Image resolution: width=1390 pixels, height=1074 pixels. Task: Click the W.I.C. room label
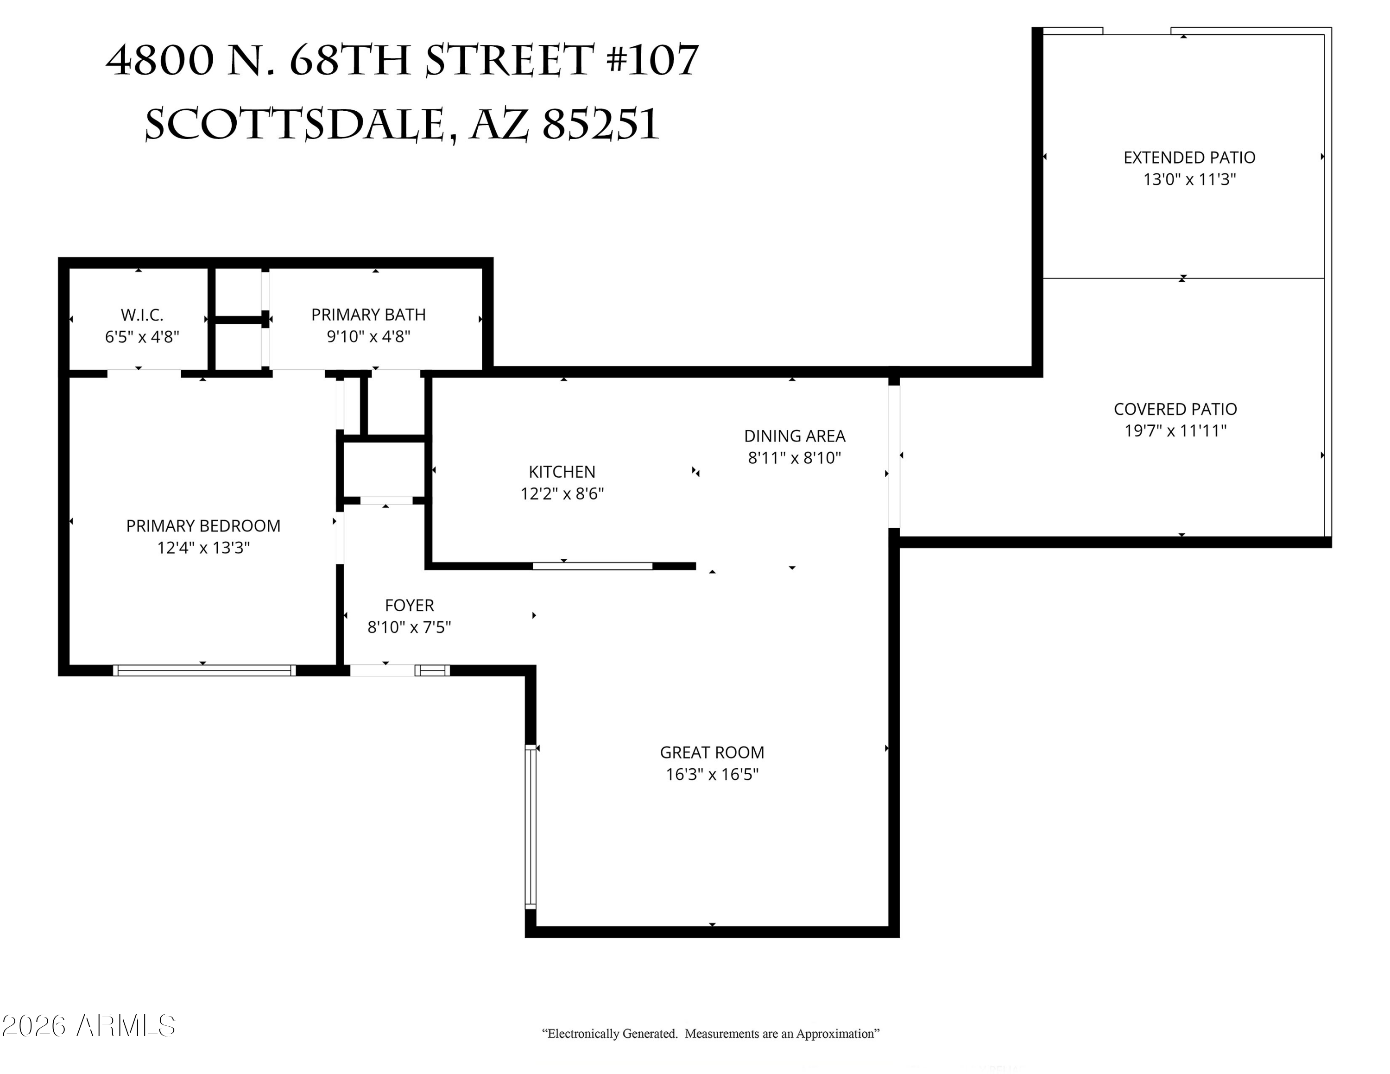pos(142,315)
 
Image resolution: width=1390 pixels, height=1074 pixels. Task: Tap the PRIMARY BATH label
pos(368,315)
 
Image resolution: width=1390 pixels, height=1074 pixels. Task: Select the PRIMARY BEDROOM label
pos(203,526)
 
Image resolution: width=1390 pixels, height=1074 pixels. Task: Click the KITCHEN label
pos(562,472)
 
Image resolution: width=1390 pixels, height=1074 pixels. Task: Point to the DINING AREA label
pos(794,436)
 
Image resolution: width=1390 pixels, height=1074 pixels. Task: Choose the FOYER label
pos(409,606)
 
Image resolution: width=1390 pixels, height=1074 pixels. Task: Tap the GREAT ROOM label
pos(712,753)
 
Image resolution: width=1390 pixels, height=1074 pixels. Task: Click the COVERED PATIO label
pos(1175,409)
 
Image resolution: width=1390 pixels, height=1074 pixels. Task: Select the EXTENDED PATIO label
pos(1189,158)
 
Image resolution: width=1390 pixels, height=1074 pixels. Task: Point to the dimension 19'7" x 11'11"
pos(1175,431)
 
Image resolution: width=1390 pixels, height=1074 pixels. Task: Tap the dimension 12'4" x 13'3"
pos(203,548)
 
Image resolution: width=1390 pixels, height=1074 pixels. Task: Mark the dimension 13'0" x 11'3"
pos(1189,179)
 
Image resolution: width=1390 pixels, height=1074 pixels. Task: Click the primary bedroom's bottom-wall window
pos(204,670)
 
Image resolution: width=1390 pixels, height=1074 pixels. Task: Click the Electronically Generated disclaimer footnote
pos(710,1034)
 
